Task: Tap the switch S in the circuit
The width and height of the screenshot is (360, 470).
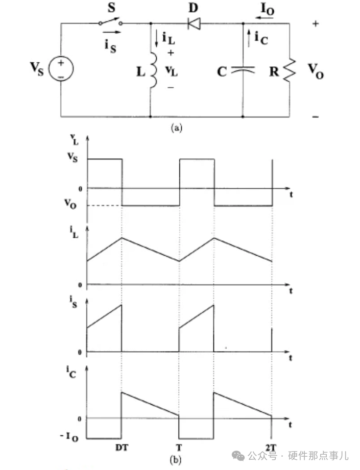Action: tap(110, 22)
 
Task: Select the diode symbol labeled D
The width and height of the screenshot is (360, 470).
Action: tap(195, 22)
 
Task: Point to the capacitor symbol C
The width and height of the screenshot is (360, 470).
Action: tap(242, 71)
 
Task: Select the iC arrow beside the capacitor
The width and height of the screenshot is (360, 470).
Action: tap(249, 36)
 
